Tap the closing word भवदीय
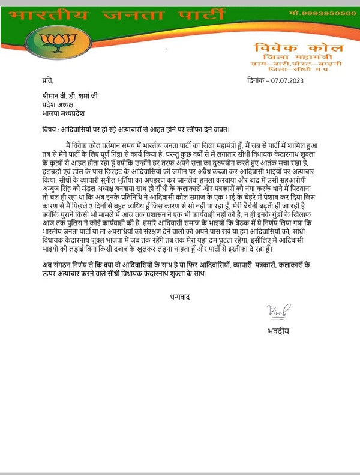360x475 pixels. point(277,331)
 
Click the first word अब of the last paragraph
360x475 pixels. point(38,265)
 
